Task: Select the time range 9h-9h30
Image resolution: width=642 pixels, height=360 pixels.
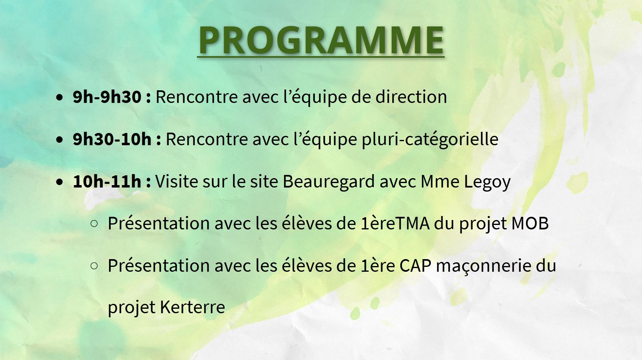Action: [x=107, y=96]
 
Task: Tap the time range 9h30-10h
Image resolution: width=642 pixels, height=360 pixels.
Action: [x=112, y=139]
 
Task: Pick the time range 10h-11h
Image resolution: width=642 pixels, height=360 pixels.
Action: [x=107, y=181]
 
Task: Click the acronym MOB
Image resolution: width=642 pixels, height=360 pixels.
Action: [x=530, y=224]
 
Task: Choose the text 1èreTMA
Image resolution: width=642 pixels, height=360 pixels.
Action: [x=395, y=223]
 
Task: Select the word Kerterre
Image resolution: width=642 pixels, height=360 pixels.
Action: [x=192, y=307]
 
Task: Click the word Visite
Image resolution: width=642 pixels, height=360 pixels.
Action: [x=177, y=181]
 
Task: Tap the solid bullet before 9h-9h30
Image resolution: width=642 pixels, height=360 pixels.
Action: [x=59, y=98]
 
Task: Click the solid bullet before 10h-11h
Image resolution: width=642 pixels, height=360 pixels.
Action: [x=59, y=182]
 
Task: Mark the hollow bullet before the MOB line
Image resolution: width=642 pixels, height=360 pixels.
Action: [x=94, y=224]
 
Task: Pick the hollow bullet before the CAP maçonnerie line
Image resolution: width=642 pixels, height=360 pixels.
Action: [x=94, y=266]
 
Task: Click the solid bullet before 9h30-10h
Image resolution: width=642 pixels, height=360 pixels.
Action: [x=59, y=140]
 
